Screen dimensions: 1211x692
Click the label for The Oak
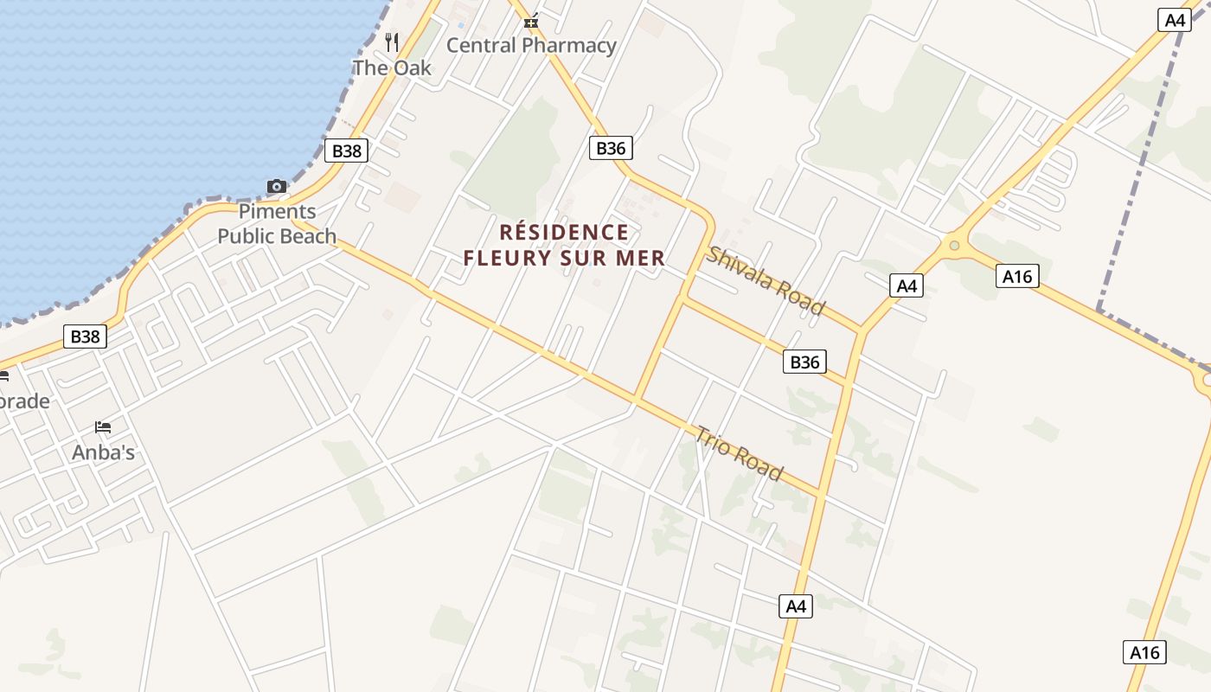(391, 67)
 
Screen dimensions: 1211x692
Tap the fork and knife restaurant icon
(392, 42)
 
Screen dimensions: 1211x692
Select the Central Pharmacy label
(531, 45)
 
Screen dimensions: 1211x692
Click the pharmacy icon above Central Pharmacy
(531, 21)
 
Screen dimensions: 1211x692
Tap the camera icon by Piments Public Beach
(277, 186)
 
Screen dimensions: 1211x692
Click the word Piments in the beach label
(277, 211)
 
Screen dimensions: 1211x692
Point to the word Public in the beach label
(247, 236)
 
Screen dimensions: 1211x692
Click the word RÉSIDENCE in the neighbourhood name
(564, 232)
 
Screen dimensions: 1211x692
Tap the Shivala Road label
(766, 280)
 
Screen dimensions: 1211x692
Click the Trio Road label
(739, 453)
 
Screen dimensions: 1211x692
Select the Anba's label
(103, 452)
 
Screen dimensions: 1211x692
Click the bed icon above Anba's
(103, 427)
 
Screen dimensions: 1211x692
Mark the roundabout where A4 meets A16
(954, 246)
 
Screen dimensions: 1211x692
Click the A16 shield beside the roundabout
(1017, 276)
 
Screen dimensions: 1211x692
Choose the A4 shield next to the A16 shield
(906, 285)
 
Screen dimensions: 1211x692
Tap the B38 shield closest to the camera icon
(347, 151)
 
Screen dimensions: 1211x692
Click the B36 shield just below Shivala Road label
(804, 362)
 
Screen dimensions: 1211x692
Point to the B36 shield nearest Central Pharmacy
(611, 148)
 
